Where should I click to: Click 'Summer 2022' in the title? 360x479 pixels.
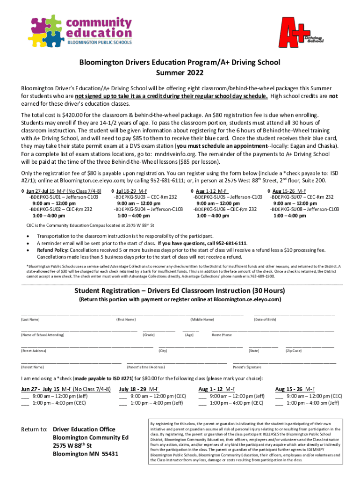pos(180,73)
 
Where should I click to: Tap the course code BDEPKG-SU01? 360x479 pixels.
pos(46,197)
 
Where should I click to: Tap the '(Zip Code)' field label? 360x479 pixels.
pos(294,351)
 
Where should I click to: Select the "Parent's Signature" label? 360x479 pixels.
pos(247,367)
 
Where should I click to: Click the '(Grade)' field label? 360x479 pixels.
pos(149,335)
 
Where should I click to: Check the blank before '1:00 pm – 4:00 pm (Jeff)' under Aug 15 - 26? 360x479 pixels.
pos(279,403)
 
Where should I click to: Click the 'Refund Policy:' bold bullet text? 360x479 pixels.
pos(53,250)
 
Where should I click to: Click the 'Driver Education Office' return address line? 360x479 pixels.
pos(84,429)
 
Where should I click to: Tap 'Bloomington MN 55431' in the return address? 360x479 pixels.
pos(86,454)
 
